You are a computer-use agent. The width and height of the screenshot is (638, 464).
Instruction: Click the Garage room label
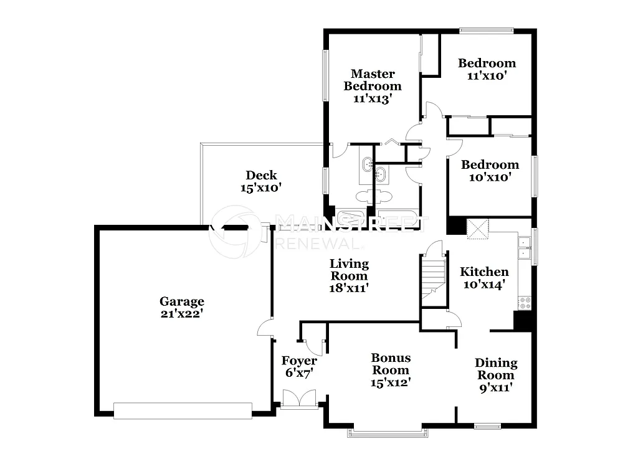tap(181, 302)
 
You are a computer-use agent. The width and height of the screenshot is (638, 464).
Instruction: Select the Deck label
tap(261, 175)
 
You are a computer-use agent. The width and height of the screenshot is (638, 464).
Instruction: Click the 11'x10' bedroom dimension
tap(487, 75)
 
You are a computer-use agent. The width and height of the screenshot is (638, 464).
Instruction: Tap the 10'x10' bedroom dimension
tap(490, 177)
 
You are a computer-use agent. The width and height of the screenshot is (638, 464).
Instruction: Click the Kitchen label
tap(484, 272)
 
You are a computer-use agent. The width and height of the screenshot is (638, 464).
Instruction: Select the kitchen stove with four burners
tap(525, 303)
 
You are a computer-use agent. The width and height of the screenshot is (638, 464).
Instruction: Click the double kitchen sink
tap(525, 250)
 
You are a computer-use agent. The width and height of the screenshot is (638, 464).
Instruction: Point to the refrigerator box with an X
tap(478, 228)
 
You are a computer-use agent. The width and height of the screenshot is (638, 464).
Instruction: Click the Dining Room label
tap(496, 369)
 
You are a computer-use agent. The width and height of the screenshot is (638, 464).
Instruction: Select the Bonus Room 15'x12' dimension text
tap(391, 382)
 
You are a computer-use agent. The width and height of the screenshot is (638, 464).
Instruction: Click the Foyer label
tap(299, 361)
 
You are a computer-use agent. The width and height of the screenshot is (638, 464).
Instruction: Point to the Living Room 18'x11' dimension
tap(349, 288)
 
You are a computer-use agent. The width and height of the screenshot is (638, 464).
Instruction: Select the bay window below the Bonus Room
tap(386, 432)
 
